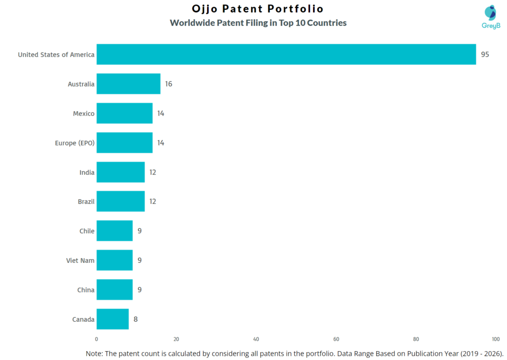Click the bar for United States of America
[x=286, y=54]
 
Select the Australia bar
[x=128, y=84]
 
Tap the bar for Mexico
[x=124, y=113]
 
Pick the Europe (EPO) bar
[x=124, y=143]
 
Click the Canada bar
[x=112, y=319]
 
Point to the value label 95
[x=485, y=54]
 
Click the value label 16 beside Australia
[x=168, y=84]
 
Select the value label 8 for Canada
[x=136, y=319]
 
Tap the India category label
[x=87, y=172]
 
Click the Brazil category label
[x=86, y=202]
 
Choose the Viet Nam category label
[x=80, y=260]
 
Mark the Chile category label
[x=87, y=231]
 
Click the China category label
[x=86, y=290]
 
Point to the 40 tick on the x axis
[x=256, y=339]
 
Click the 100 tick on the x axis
[x=496, y=339]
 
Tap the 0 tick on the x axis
[x=97, y=339]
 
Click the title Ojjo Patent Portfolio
[x=257, y=9]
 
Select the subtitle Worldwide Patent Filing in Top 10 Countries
[x=258, y=23]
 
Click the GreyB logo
[x=490, y=17]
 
